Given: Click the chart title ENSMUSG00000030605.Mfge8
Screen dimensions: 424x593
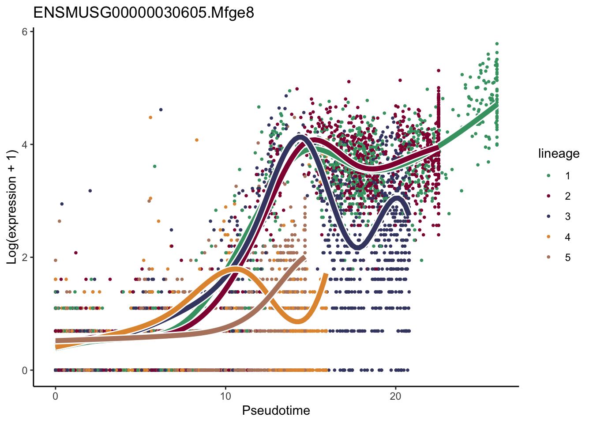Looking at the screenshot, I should coord(143,12).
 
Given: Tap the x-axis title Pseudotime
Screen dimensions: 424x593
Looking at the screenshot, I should coord(276,411).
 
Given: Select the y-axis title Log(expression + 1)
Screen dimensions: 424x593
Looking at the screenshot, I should coord(12,207).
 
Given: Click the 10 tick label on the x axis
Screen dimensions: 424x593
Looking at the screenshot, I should coord(225,396).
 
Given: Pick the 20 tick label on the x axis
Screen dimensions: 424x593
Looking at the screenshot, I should coord(396,396).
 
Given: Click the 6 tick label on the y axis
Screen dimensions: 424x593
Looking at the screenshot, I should coord(25,32).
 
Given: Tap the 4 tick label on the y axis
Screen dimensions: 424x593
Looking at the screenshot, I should coord(25,144).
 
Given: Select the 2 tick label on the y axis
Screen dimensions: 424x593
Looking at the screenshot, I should coord(25,257).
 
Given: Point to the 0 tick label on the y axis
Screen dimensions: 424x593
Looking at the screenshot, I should coord(25,370).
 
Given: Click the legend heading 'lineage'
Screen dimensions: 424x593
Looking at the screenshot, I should coord(559,154).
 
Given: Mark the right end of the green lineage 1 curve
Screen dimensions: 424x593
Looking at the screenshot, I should coord(497,105).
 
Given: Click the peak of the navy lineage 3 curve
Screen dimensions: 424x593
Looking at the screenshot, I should coord(300,137).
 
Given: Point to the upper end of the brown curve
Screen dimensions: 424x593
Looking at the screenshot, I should coord(304,257).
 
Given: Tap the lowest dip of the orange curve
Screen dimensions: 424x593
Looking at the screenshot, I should coord(298,321).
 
